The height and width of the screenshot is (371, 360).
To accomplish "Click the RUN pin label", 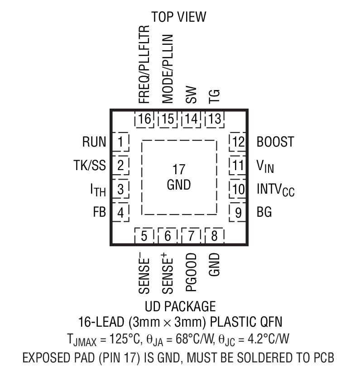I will coord(94,142).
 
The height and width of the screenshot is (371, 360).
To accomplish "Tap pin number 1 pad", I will coord(120,142).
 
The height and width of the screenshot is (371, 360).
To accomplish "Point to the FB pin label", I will coord(99,212).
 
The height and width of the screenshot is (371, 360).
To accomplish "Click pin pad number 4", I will coord(120,212).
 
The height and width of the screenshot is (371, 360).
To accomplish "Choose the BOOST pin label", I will coord(275,142).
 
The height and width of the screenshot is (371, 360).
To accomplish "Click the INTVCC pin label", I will coord(275,189).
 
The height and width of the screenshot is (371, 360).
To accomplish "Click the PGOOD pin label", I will coord(191,271).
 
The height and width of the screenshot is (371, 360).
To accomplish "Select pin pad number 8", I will coord(215,236).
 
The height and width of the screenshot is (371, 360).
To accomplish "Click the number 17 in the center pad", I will coord(179,171).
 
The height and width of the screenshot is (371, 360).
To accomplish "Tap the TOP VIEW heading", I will coord(178,17).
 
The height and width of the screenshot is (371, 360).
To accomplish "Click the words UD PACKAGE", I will coord(180,306).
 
